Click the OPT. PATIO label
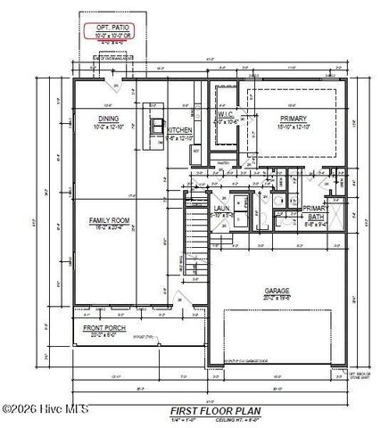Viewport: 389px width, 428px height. [114, 28]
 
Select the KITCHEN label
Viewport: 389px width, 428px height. [180, 130]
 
